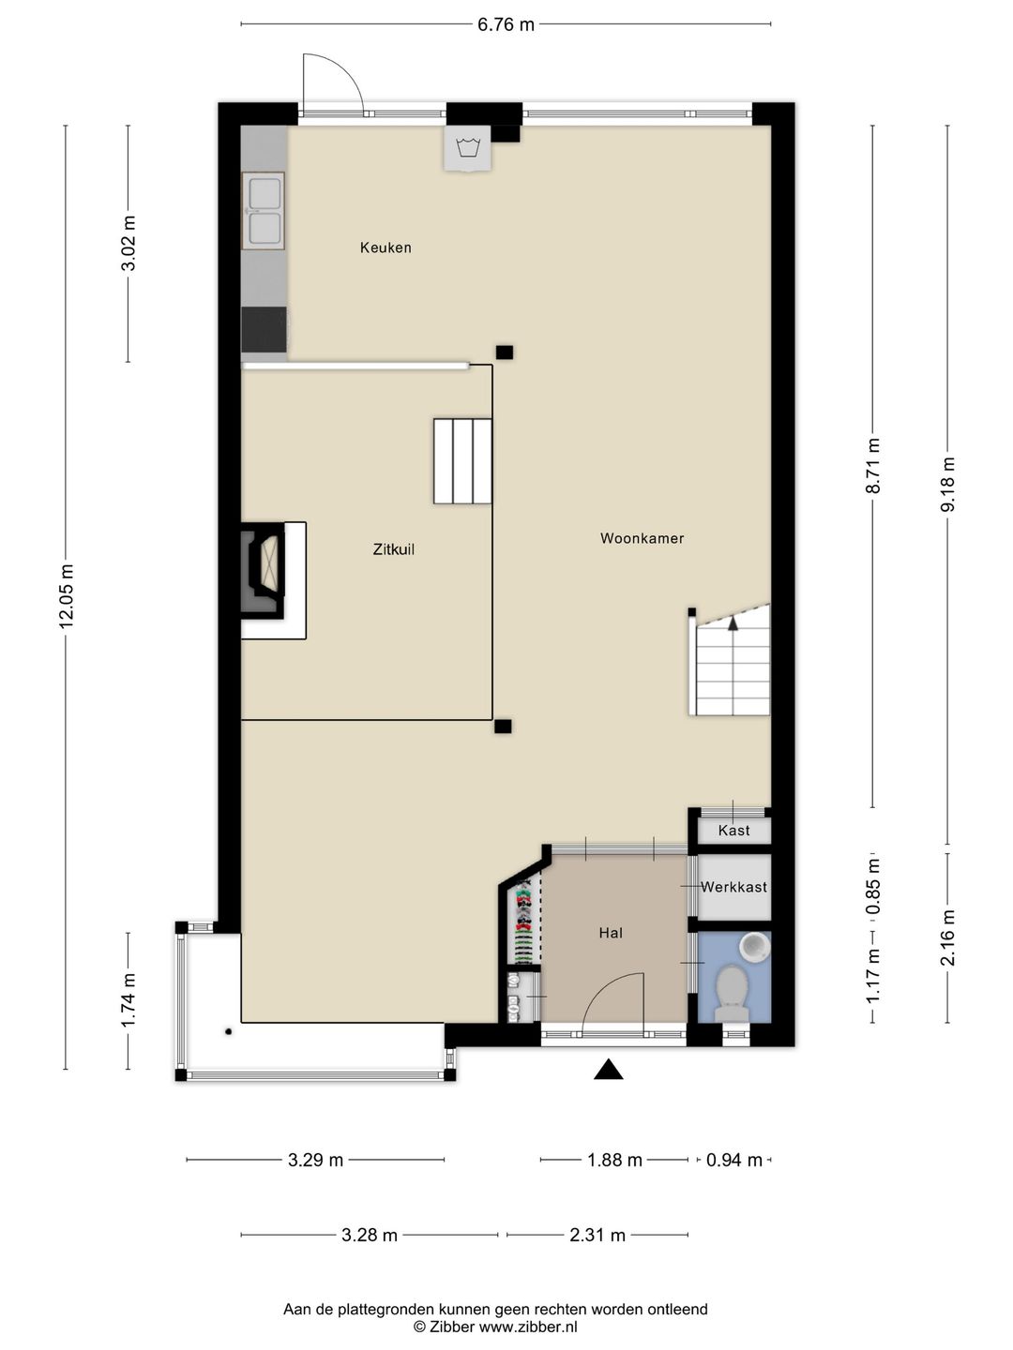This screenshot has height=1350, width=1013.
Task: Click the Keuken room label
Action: pos(386,247)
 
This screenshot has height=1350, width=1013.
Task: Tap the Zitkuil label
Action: pos(394,549)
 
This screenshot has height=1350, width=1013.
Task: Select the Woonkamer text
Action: pos(643,538)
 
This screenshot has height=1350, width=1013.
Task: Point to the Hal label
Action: pos(611,933)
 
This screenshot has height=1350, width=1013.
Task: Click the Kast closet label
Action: pos(733,831)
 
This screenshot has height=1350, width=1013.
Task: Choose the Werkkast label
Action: pos(733,887)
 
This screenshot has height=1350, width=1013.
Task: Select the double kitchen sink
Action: pos(264,211)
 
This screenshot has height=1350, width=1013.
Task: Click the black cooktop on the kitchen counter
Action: pos(264,330)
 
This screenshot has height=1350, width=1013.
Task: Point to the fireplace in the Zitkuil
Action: pos(264,571)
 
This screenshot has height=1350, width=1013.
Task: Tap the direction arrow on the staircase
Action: pos(733,623)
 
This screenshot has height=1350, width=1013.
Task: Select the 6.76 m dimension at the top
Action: pos(506,24)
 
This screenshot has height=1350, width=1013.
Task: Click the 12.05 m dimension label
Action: pos(67,596)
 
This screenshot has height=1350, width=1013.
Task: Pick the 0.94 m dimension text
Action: pos(733,1160)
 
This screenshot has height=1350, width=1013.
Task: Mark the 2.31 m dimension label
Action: pos(597,1235)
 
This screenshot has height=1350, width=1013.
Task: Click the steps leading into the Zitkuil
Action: pos(462,461)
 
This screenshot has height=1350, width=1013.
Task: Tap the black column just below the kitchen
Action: pos(505,352)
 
